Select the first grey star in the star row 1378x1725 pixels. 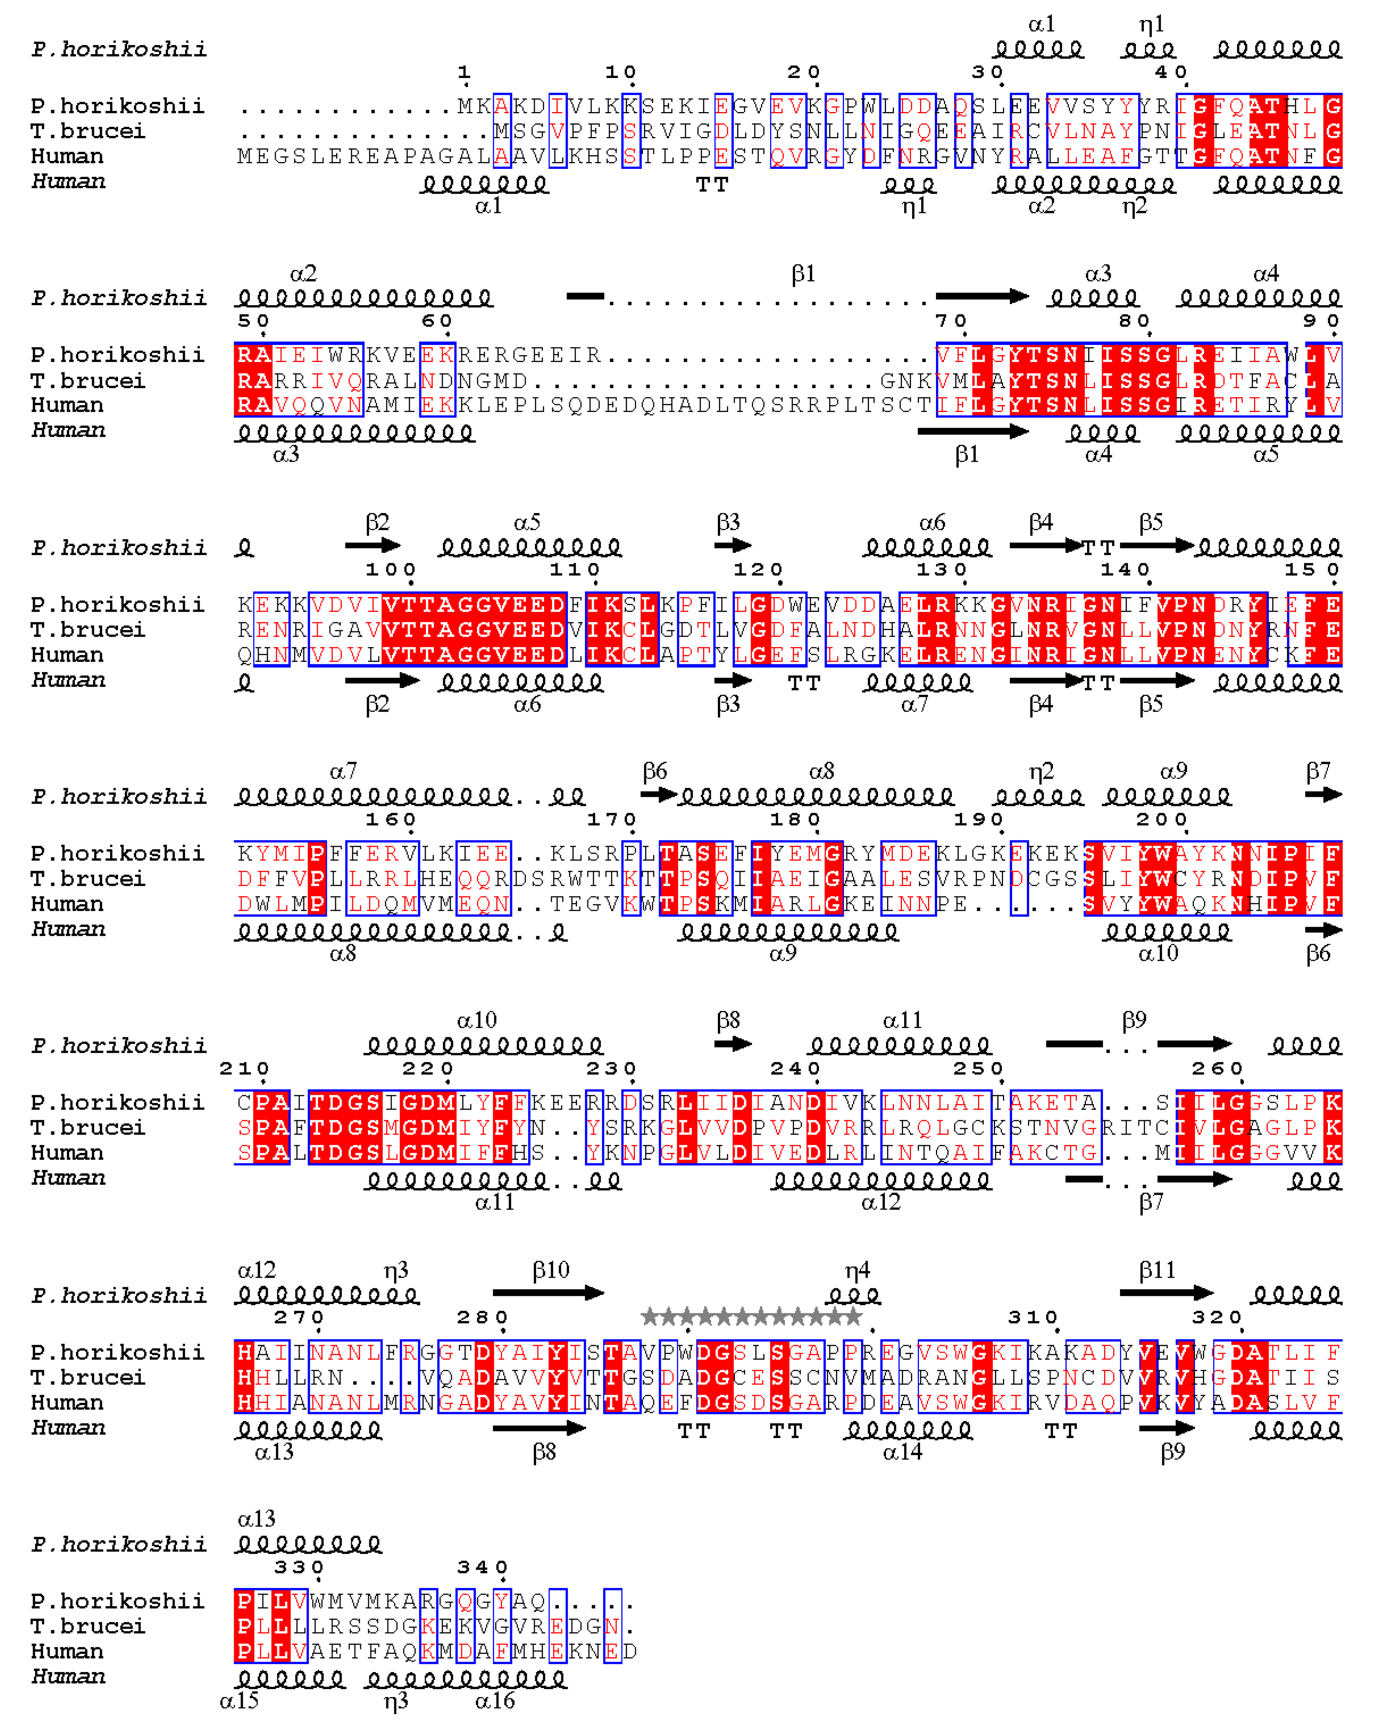[x=650, y=1316]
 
